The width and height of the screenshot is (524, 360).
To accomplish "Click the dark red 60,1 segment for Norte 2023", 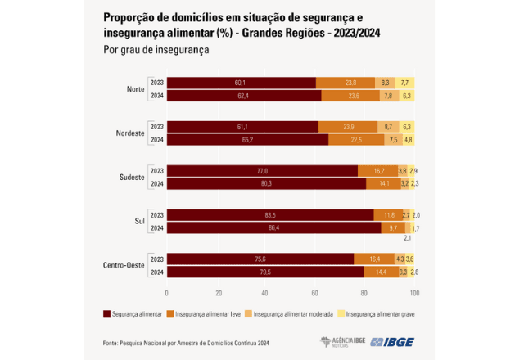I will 241,83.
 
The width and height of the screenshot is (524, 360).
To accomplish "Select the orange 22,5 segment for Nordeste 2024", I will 356,140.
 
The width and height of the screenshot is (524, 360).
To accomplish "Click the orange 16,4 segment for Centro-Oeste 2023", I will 374,259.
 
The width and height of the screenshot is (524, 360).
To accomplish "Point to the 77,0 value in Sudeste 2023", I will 263,171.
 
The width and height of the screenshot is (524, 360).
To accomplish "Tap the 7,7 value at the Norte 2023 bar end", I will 404,83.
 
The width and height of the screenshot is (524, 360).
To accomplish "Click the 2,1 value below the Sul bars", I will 408,238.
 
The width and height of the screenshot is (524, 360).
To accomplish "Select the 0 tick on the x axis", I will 166,292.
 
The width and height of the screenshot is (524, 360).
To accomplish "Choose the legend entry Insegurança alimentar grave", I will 377,314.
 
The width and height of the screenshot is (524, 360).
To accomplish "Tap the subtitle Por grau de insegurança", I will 156,51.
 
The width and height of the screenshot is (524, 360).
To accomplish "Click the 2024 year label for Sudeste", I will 156,184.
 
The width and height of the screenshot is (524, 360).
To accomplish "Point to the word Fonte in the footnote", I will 111,344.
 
